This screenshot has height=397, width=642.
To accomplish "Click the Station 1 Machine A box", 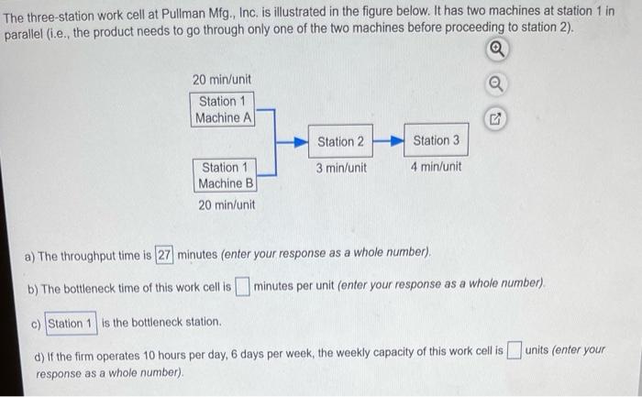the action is (222, 109).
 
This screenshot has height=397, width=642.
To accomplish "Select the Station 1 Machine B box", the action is (225, 176).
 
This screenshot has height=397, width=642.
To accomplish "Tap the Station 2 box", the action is (340, 141).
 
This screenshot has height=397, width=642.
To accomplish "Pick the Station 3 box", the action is (436, 140).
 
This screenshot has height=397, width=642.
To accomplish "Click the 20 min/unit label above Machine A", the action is (222, 80).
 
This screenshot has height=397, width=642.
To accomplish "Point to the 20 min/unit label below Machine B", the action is (227, 204).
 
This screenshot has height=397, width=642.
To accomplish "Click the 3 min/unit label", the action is (341, 168).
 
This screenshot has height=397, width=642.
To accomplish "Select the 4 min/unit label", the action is (436, 167).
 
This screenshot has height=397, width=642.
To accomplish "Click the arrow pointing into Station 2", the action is (292, 142).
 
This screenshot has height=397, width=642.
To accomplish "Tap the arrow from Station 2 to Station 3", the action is (389, 141).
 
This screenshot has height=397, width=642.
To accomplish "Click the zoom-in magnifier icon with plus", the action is (497, 50).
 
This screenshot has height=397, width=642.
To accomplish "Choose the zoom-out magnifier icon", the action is (496, 84).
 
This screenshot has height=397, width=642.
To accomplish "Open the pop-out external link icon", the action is (495, 119).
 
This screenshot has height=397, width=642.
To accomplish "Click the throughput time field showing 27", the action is (164, 255).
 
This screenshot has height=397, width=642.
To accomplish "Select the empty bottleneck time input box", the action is (242, 286).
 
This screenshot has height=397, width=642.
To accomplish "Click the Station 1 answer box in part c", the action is (71, 324).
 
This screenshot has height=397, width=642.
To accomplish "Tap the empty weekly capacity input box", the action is (515, 350).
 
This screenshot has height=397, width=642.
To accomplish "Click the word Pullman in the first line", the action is (183, 15).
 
